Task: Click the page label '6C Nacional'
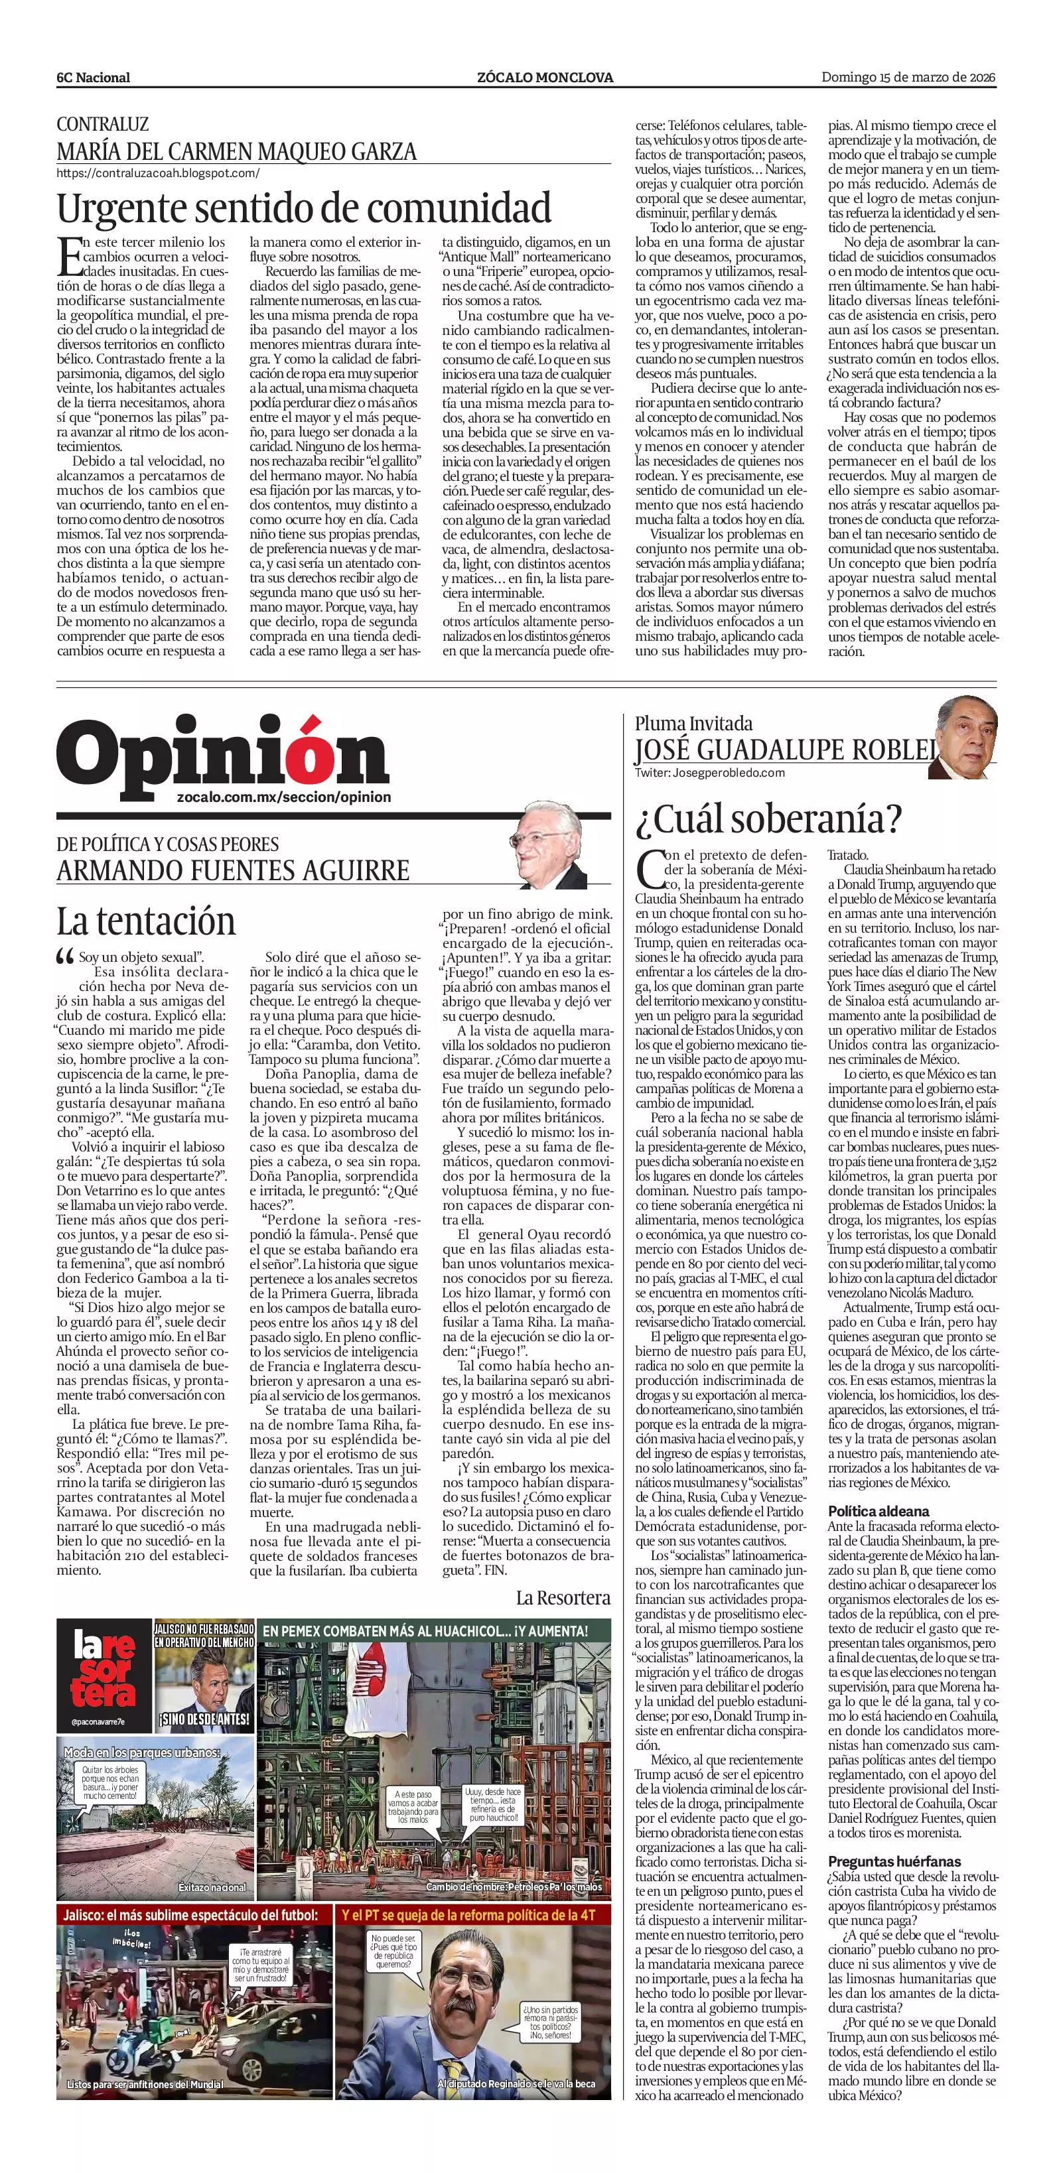93,78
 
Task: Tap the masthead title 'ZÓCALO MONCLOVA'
545,78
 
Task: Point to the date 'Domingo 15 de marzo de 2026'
909,78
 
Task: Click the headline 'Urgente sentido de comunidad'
304,208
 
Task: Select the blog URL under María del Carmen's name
158,173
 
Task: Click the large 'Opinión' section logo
223,754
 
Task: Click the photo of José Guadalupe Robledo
966,738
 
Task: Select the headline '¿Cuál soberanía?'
768,817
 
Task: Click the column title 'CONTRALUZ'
102,124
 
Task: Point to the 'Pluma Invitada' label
693,723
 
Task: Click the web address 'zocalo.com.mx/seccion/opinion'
285,797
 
